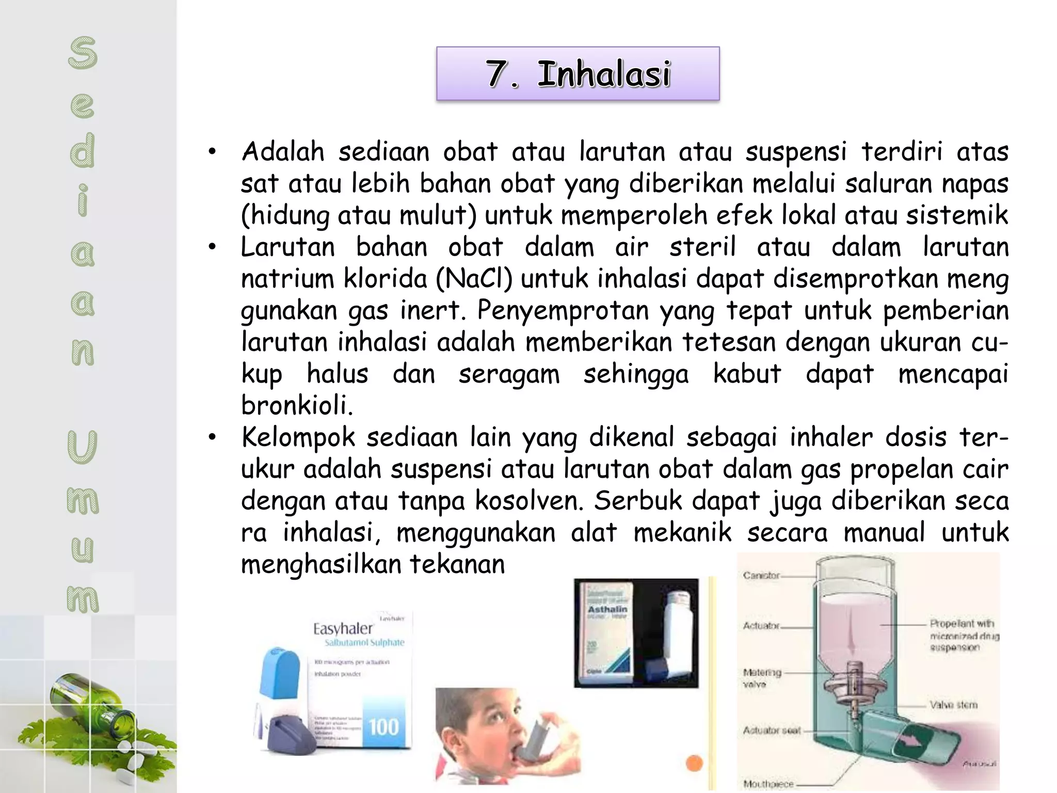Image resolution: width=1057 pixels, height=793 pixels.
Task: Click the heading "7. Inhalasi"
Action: pos(578,74)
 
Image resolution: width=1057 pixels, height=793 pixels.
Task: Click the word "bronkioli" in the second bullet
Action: pos(296,406)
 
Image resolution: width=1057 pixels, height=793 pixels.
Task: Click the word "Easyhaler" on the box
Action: pos(343,629)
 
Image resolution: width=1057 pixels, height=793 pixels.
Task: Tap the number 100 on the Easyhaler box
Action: pos(384,727)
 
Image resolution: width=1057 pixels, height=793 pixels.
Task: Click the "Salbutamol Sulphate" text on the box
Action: pos(364,643)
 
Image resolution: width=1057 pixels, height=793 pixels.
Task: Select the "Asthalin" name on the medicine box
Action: pos(607,610)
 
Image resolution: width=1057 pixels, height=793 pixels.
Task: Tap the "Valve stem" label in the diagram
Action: pos(953,705)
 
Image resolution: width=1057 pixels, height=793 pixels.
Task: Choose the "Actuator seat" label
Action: pos(772,730)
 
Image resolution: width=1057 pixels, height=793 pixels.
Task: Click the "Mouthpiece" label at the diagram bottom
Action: pos(768,784)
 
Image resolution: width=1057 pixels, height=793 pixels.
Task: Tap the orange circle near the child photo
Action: pos(695,764)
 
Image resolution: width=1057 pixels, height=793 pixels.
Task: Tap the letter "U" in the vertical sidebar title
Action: pos(82,447)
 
